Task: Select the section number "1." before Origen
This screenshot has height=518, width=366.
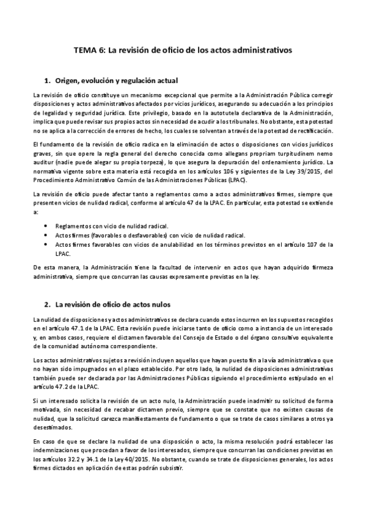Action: pyautogui.click(x=48, y=81)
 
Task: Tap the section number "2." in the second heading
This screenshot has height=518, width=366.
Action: pyautogui.click(x=48, y=304)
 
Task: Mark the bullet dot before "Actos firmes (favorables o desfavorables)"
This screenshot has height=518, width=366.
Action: pyautogui.click(x=48, y=235)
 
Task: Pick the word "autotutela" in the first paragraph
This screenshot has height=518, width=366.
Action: pyautogui.click(x=218, y=114)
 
